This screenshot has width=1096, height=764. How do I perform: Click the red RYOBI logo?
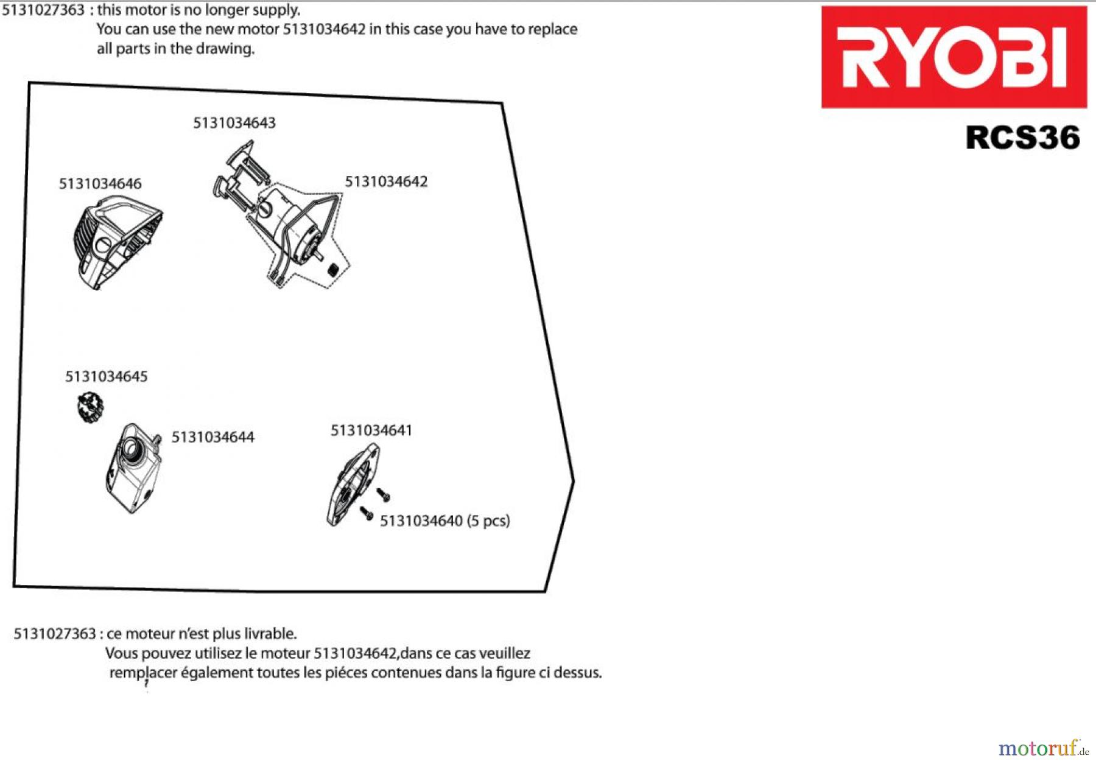pyautogui.click(x=954, y=57)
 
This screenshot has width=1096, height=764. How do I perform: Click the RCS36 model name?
pyautogui.click(x=1022, y=138)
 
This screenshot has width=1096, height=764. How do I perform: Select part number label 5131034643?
pyautogui.click(x=234, y=123)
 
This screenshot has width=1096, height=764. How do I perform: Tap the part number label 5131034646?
pyautogui.click(x=100, y=184)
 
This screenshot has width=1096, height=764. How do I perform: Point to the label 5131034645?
pyautogui.click(x=107, y=376)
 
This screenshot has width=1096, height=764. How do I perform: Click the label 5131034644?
pyautogui.click(x=213, y=437)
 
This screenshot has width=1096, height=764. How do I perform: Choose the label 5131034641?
pyautogui.click(x=371, y=430)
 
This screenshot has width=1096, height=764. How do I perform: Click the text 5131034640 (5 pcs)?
pyautogui.click(x=444, y=521)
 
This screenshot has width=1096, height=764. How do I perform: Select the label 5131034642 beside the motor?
pyautogui.click(x=386, y=181)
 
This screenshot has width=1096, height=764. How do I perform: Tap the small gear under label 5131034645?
pyautogui.click(x=90, y=407)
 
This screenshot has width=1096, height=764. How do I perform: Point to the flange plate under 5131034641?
pyautogui.click(x=352, y=485)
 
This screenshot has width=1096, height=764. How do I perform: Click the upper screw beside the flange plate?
pyautogui.click(x=384, y=494)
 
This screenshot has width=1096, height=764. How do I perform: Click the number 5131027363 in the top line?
pyautogui.click(x=43, y=10)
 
